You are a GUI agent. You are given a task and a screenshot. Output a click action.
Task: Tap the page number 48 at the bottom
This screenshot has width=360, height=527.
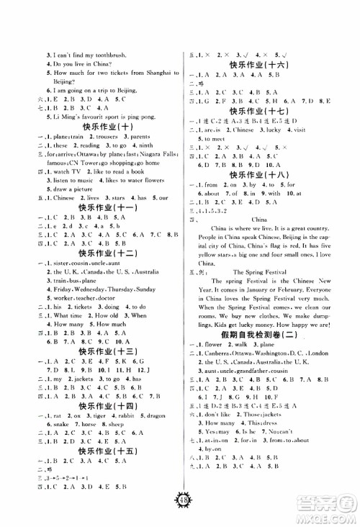click(x=179, y=503)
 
